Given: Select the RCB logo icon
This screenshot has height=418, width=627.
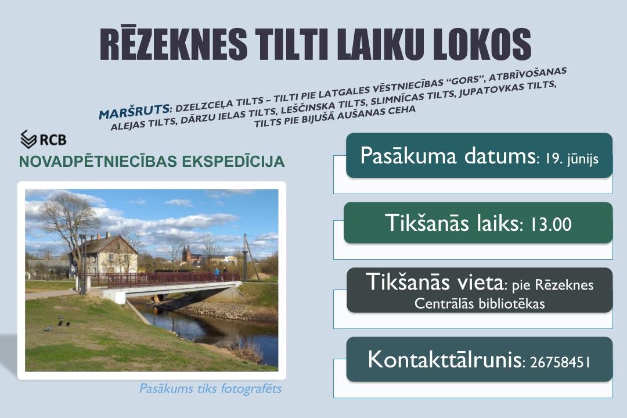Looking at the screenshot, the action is tap(29, 139).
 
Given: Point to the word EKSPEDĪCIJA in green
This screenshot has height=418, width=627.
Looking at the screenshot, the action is tap(233, 162).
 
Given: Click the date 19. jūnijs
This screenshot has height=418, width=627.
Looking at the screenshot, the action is tap(571, 159).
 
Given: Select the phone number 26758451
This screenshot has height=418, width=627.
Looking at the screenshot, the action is tap(560, 362).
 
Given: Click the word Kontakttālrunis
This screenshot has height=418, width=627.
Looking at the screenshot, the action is tap(445, 359).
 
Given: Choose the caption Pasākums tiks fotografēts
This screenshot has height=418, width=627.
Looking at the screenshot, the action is tap(210, 388).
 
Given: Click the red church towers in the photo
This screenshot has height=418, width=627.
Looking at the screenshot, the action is tap(187, 253).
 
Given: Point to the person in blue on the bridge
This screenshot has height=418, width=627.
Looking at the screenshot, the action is tap(217, 273).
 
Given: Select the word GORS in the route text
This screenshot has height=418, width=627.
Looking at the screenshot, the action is tap(465, 80).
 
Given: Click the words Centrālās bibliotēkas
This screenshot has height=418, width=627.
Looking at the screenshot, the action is tap(480, 303).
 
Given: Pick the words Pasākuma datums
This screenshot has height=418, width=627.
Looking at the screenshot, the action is tap(448, 156).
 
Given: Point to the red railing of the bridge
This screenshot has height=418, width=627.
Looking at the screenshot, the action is tap(160, 279).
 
